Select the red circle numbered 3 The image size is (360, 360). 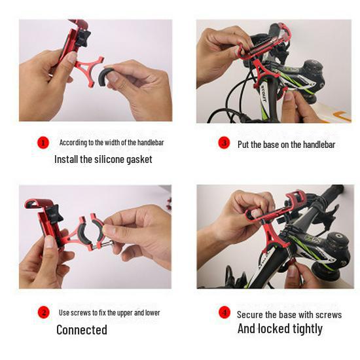(224, 143)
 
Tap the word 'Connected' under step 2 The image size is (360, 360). (81, 330)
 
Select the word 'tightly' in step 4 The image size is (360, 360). (305, 329)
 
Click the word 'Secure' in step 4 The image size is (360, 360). (249, 314)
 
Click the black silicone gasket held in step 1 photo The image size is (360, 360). (107, 74)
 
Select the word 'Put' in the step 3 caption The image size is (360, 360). (243, 144)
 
